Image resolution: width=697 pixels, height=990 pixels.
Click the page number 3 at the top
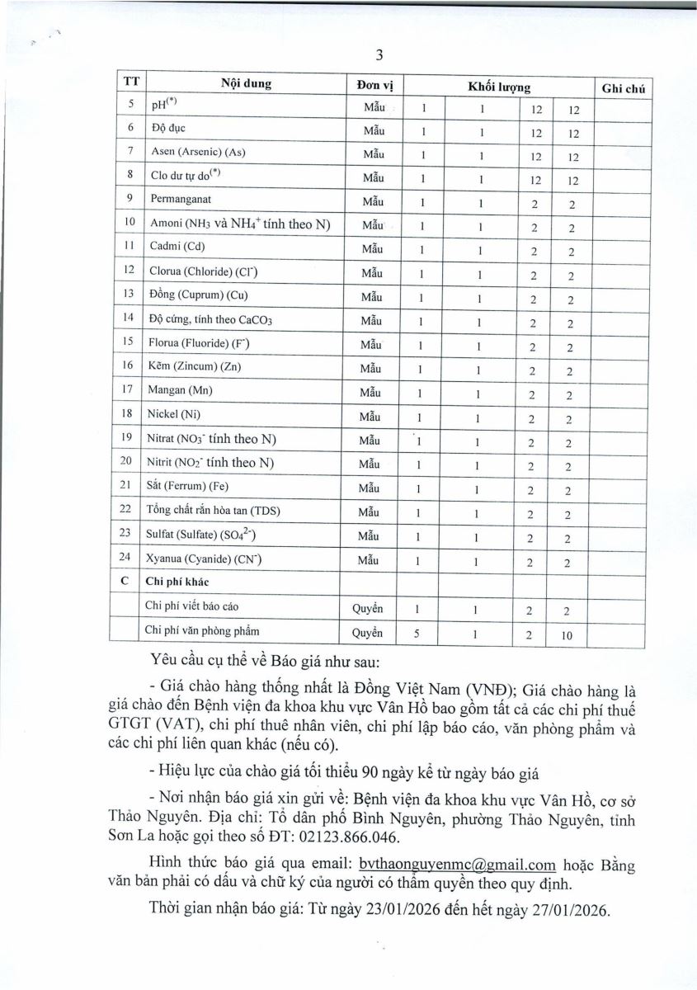379,56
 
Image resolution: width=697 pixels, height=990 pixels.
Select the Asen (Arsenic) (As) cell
199,153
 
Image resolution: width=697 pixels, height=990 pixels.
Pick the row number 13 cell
128,297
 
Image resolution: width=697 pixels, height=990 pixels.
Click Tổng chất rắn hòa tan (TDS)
213,511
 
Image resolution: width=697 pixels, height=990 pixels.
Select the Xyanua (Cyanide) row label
205,559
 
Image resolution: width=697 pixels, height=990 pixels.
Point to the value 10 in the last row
569,635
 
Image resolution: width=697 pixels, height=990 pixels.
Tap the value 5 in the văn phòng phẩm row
421,632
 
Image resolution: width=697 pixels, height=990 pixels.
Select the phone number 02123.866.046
352,837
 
